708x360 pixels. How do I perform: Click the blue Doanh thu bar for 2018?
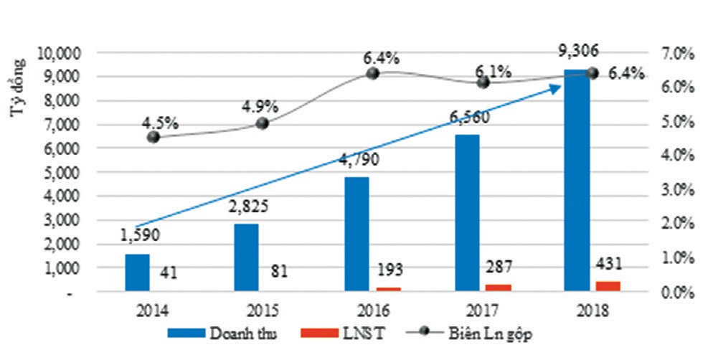tap(577, 179)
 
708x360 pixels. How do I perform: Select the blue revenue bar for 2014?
tap(137, 273)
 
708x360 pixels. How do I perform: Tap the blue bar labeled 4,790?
tap(357, 234)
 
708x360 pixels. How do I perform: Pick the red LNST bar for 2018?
tap(607, 286)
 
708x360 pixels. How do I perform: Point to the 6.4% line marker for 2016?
tap(372, 73)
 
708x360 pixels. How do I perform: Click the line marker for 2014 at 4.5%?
tap(153, 137)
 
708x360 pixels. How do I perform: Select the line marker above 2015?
tap(262, 123)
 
